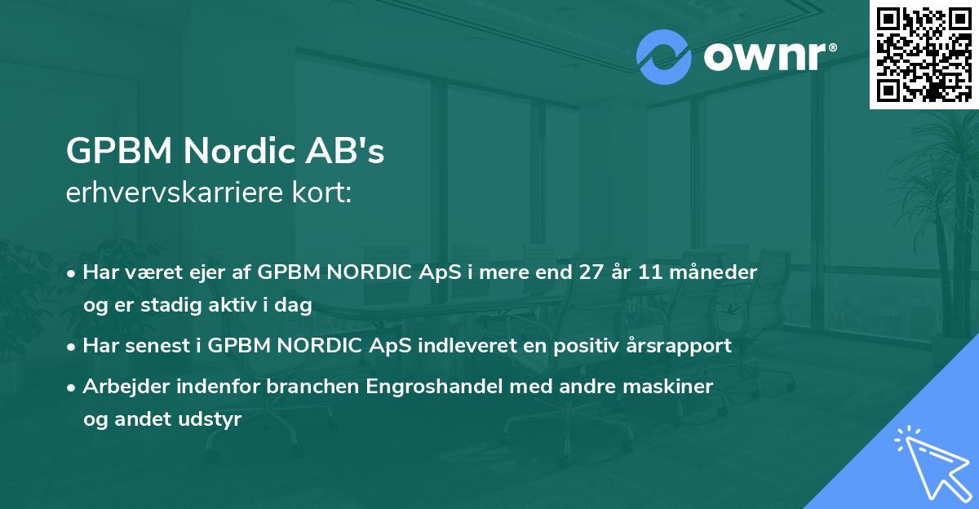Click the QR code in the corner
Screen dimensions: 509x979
click(924, 54)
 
